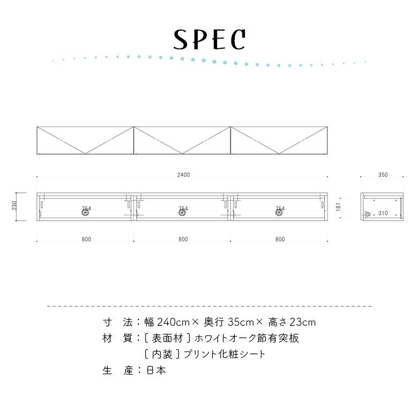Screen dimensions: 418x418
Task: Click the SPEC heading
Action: click(x=209, y=40)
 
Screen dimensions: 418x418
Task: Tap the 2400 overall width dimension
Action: click(x=184, y=175)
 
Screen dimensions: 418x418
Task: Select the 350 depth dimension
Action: click(x=383, y=175)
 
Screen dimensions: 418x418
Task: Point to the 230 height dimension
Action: click(x=14, y=206)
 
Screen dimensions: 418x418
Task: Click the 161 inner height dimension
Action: click(x=338, y=207)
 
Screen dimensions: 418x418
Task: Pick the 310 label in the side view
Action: click(x=383, y=213)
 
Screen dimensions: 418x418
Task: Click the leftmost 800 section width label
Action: click(x=86, y=240)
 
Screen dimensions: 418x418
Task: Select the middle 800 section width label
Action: click(x=183, y=240)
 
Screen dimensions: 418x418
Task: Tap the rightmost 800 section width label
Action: click(x=280, y=240)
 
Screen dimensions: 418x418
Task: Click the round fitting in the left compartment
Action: click(x=85, y=212)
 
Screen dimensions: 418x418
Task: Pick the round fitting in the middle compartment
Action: click(x=182, y=212)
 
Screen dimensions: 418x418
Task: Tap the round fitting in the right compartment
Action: click(x=279, y=212)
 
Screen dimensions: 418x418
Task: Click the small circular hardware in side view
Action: click(x=368, y=214)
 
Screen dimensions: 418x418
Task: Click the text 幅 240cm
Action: click(x=167, y=322)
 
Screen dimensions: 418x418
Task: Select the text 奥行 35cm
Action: click(x=229, y=322)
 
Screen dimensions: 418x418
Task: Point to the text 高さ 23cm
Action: click(x=292, y=322)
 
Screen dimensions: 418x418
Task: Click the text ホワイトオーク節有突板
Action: click(x=247, y=338)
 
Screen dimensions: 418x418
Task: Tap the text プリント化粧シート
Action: click(x=225, y=354)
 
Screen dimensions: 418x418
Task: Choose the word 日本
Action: click(x=156, y=370)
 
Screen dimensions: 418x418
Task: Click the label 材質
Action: click(x=117, y=338)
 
